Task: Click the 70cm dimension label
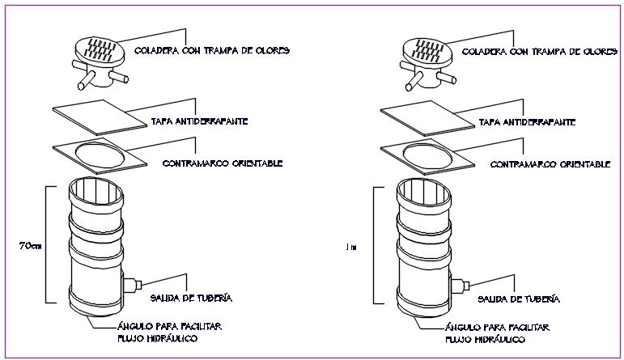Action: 30,245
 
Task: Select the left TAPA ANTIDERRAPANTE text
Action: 199,122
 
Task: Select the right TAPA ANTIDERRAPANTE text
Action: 527,122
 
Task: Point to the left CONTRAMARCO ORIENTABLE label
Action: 222,163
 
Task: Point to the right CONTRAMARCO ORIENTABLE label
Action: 551,163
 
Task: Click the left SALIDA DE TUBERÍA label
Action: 198,299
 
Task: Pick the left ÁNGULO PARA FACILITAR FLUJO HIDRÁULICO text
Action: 169,332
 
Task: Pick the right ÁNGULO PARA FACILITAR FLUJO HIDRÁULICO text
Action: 496,332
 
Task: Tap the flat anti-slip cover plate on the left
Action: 98,117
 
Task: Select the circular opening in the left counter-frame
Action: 100,154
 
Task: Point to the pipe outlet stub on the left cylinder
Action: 132,285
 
